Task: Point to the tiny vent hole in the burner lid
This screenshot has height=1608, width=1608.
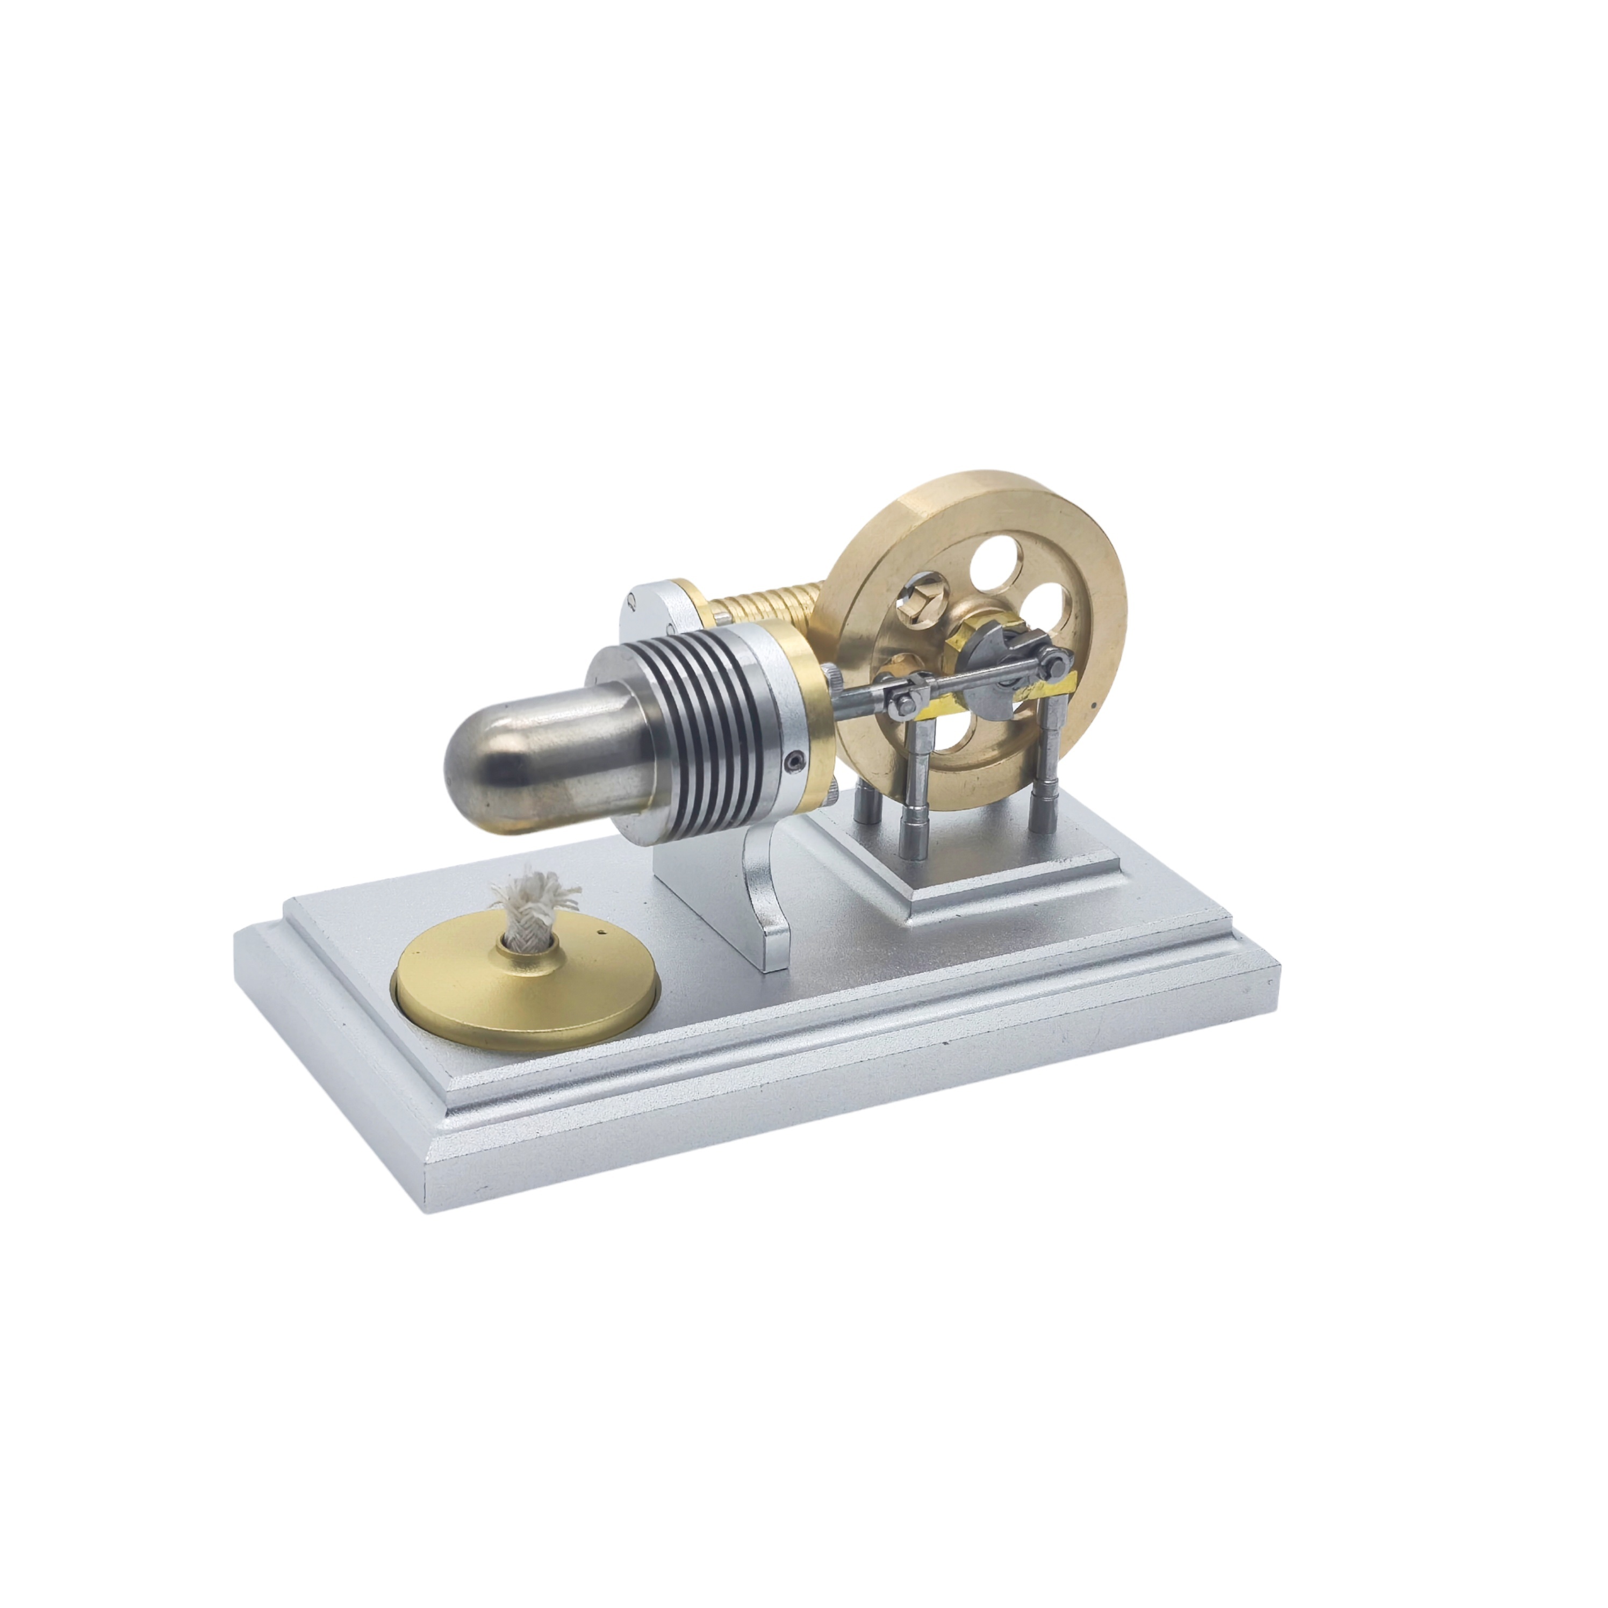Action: (x=598, y=935)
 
